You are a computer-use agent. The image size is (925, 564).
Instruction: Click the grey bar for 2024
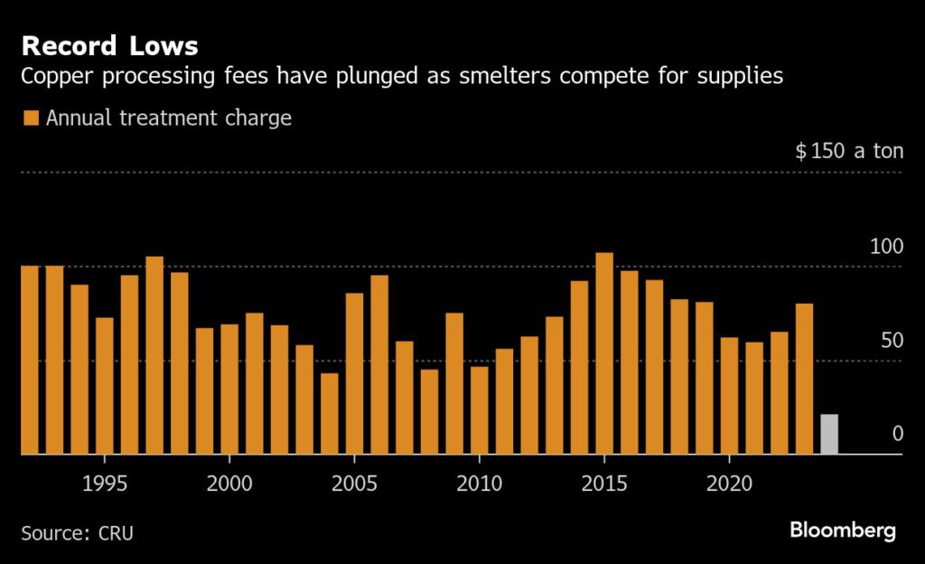point(828,435)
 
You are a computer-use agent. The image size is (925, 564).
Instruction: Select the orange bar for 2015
point(604,353)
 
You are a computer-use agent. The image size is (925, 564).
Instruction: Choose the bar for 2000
point(229,389)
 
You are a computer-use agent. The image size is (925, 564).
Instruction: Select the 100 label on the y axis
point(885,247)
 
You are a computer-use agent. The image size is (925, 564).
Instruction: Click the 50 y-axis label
point(891,341)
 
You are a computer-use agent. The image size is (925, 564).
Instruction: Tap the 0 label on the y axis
point(897,434)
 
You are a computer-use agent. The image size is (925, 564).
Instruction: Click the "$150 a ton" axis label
point(849,151)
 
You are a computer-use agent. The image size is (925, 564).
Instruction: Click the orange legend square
point(31,118)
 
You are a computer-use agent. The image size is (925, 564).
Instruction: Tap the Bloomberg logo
point(843,531)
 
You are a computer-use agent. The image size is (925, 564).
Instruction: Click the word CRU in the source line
point(117,532)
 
